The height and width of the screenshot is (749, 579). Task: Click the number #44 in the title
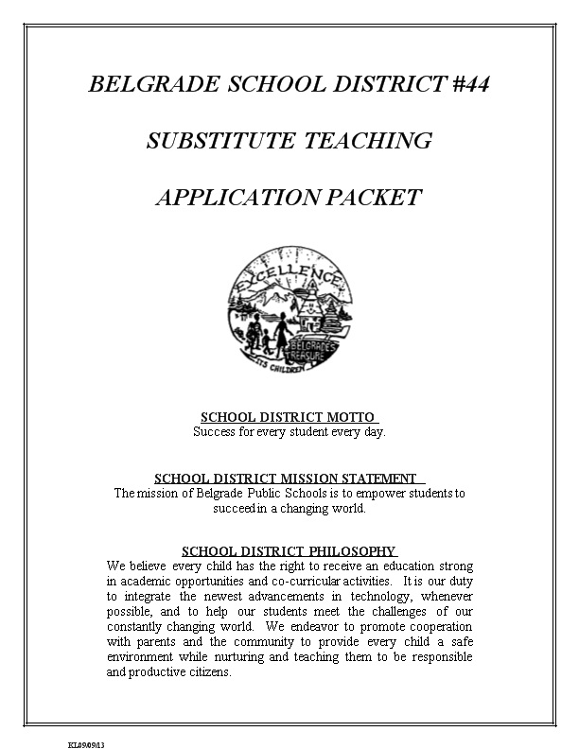click(466, 84)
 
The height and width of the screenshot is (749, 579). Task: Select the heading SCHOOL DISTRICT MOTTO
click(289, 417)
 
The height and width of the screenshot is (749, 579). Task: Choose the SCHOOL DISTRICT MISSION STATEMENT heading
click(286, 479)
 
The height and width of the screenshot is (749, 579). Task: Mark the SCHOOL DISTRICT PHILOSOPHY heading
click(288, 550)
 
